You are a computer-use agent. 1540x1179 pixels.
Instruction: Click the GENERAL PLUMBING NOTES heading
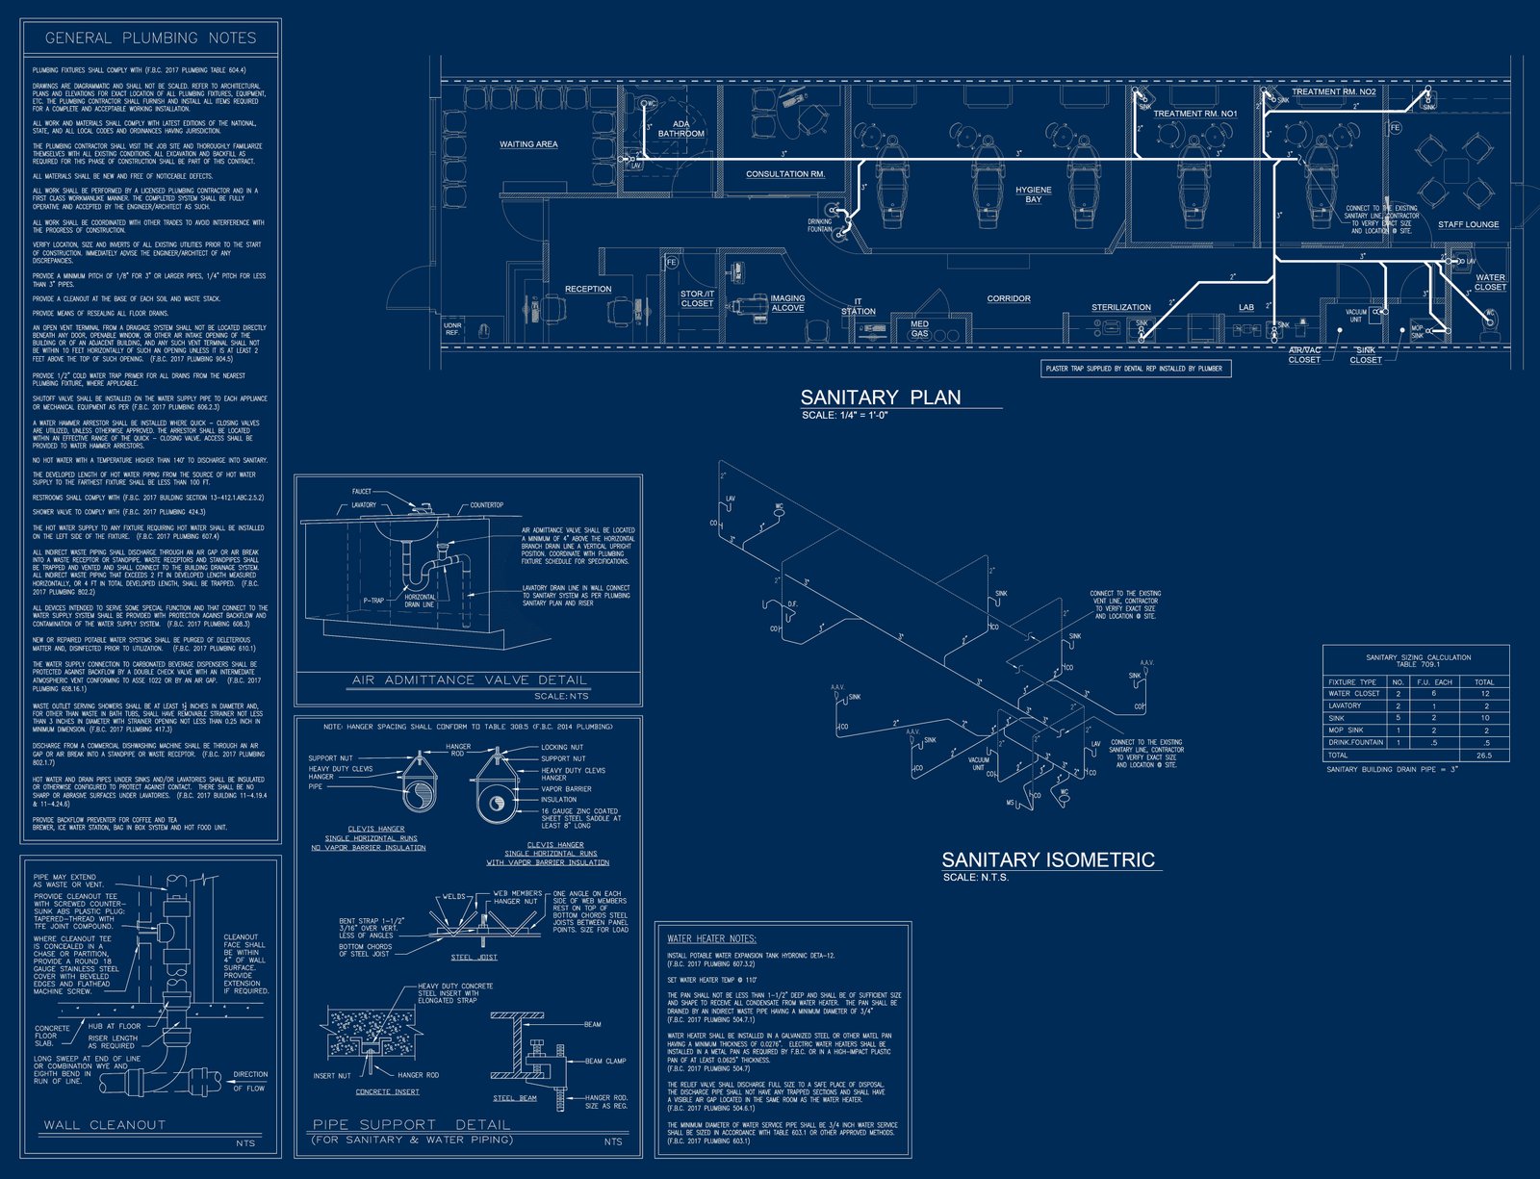[151, 38]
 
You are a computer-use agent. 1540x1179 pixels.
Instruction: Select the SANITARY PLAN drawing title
[880, 397]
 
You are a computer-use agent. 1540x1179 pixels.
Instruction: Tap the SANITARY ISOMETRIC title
[1047, 859]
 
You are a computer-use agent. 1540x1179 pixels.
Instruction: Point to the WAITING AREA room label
[528, 144]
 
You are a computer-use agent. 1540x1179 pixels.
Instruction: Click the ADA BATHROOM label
[681, 129]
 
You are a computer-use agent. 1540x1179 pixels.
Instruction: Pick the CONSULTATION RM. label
[785, 174]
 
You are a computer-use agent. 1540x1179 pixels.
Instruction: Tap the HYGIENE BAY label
[1034, 194]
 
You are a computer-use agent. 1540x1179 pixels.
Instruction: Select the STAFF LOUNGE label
[1468, 224]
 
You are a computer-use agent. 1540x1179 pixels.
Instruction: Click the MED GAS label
[919, 329]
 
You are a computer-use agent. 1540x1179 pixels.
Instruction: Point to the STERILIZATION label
[1120, 307]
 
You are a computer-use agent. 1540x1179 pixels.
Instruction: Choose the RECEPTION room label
[588, 289]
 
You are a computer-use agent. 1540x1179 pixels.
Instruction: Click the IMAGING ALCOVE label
[787, 303]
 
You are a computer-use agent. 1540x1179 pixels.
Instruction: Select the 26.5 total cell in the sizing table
[1484, 756]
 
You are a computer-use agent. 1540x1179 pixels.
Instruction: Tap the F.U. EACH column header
[1434, 681]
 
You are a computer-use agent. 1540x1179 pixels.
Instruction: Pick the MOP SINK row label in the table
[1346, 730]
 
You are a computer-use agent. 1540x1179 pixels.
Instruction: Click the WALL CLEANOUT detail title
[104, 1124]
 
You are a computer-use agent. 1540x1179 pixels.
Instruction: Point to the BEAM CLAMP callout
[605, 1061]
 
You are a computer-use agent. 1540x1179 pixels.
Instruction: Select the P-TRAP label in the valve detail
[373, 601]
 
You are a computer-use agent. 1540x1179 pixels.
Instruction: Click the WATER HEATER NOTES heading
[711, 938]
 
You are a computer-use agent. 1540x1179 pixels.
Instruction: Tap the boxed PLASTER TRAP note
[1134, 369]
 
